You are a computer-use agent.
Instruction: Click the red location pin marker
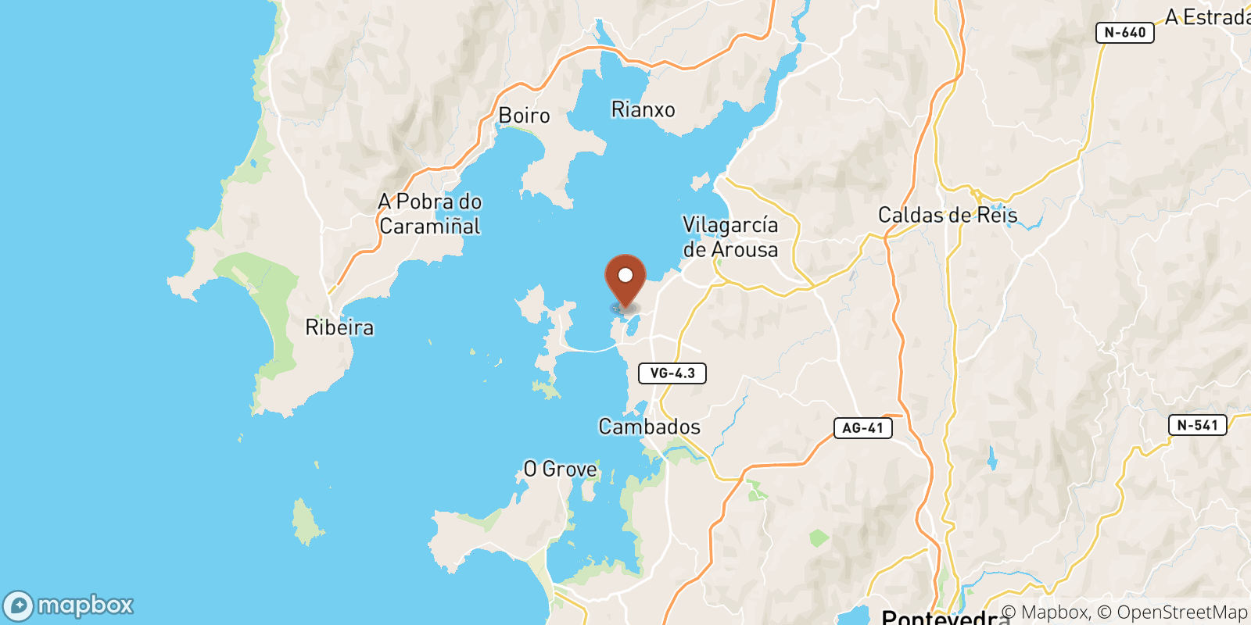click(625, 279)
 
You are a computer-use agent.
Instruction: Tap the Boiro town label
click(524, 116)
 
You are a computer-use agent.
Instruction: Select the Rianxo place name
click(643, 109)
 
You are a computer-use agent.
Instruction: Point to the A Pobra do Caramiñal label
click(429, 214)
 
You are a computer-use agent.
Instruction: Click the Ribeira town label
click(339, 327)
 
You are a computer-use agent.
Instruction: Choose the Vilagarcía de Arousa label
click(730, 237)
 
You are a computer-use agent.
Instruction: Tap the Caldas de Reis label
click(948, 215)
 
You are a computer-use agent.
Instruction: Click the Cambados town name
click(649, 427)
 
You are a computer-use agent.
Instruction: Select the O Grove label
click(560, 469)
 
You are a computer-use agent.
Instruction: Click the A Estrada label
click(1207, 17)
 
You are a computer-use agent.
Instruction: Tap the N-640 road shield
click(1125, 33)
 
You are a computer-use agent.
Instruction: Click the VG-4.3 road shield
click(672, 373)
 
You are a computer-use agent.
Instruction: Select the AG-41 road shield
click(862, 427)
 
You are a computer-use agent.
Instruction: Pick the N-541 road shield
click(1197, 425)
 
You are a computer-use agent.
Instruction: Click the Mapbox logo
click(69, 605)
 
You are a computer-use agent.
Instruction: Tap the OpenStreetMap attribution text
click(1182, 612)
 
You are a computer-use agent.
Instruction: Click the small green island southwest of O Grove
click(306, 522)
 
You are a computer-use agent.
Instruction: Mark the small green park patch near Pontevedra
click(819, 537)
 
